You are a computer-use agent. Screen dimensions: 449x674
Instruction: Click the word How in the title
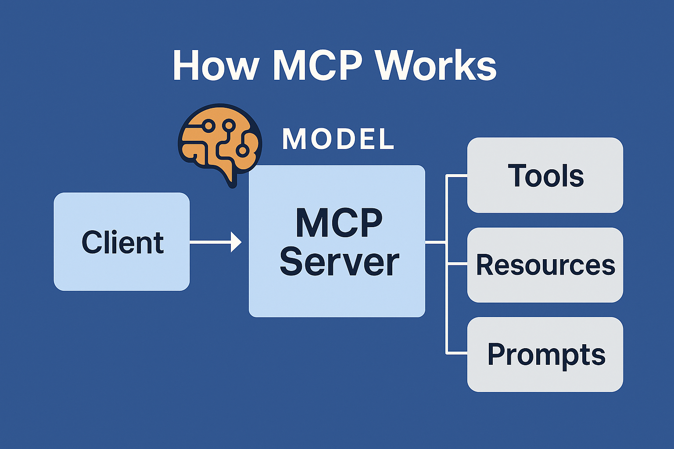tap(215, 66)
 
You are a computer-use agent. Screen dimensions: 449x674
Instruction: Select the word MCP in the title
tap(317, 66)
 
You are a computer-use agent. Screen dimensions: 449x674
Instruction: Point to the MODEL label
tap(338, 139)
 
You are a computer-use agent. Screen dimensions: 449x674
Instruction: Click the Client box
tap(122, 242)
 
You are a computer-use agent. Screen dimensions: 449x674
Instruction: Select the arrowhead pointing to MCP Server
tap(237, 242)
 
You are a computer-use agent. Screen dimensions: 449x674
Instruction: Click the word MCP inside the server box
tap(339, 223)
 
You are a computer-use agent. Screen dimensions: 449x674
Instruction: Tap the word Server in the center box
tap(339, 262)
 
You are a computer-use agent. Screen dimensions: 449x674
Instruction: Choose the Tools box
tap(545, 175)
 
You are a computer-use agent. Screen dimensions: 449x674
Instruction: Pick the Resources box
tap(545, 265)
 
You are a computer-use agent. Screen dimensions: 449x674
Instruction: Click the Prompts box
tap(545, 354)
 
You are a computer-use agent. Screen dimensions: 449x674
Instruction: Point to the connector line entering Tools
tap(456, 175)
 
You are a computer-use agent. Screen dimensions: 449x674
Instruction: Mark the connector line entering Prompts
tap(456, 353)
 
